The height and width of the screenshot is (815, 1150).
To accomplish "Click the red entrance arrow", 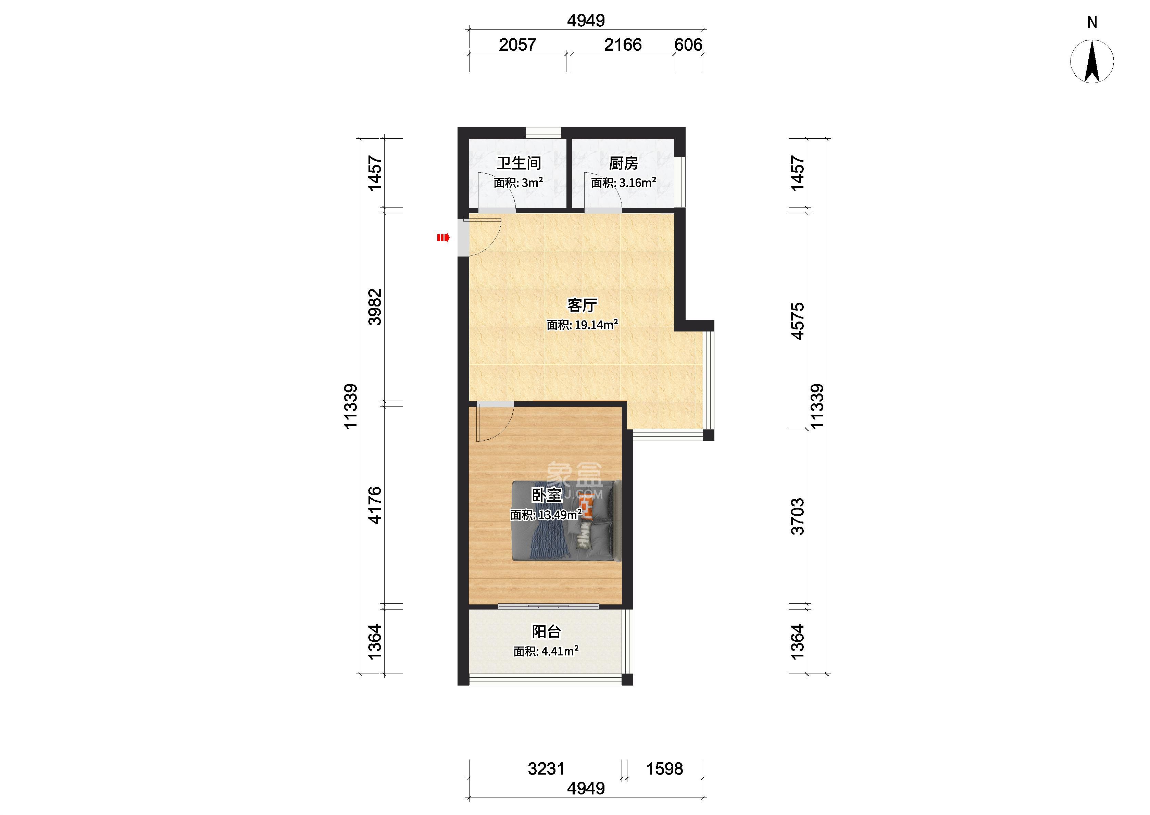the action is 442,238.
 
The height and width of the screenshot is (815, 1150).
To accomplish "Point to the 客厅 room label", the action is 582,305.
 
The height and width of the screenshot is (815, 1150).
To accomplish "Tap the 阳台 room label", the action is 546,631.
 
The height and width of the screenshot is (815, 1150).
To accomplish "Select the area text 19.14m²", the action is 596,325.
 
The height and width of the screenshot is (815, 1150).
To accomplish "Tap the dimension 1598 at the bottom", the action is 664,769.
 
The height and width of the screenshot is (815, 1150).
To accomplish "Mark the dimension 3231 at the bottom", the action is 546,769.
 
